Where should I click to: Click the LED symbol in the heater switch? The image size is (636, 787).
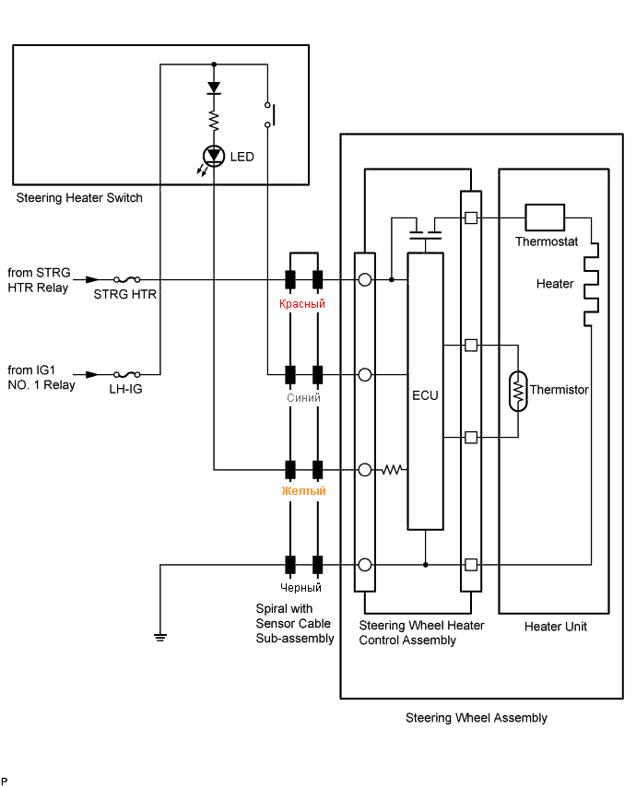click(x=214, y=156)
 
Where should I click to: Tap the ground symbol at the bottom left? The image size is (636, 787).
click(x=160, y=638)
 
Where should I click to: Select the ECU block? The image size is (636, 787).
click(x=425, y=391)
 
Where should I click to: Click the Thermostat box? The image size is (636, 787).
click(x=545, y=217)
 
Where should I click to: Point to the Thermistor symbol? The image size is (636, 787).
click(x=518, y=391)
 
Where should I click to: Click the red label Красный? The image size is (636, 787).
click(x=302, y=304)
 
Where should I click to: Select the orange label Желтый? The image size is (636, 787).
click(x=303, y=490)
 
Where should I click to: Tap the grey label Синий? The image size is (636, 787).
click(x=303, y=397)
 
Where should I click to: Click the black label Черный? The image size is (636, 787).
click(x=300, y=587)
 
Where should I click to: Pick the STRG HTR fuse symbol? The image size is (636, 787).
click(x=127, y=279)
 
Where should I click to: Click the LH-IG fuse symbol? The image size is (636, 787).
click(x=127, y=374)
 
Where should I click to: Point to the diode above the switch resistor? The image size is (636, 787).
click(x=214, y=88)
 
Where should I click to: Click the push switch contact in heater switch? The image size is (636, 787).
click(x=269, y=114)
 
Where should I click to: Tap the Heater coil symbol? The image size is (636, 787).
click(x=591, y=285)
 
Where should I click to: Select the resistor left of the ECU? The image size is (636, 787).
click(x=392, y=470)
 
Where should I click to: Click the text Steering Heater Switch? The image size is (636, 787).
click(x=79, y=198)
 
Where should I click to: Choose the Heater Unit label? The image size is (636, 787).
click(x=556, y=627)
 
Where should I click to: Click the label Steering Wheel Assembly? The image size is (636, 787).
click(x=477, y=718)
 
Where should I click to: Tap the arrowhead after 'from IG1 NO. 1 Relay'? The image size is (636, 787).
click(x=92, y=374)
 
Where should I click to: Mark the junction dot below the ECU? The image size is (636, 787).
click(x=425, y=565)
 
